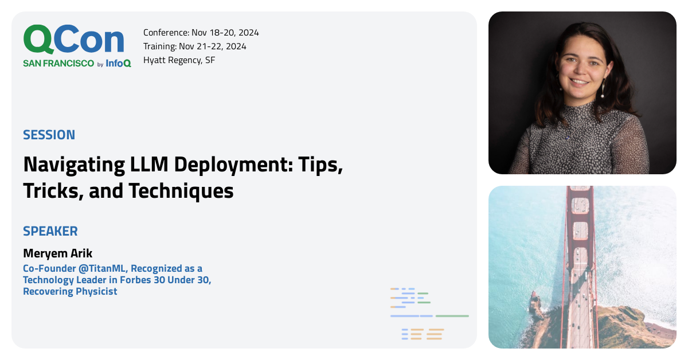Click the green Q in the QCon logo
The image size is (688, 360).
(37, 40)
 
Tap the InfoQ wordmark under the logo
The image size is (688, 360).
(118, 63)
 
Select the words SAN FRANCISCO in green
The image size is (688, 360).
(58, 63)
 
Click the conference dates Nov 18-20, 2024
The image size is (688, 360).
(225, 33)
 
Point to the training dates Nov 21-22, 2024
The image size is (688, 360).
(213, 46)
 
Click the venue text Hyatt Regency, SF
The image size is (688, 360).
(179, 60)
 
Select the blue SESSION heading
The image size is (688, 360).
(49, 135)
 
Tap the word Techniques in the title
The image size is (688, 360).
(181, 191)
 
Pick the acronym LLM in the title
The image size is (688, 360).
(149, 165)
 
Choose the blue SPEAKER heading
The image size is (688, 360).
(50, 231)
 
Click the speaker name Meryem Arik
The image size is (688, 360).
(58, 253)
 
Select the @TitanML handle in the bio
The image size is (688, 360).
(102, 268)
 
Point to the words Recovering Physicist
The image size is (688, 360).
(70, 291)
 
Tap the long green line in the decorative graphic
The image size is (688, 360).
(452, 316)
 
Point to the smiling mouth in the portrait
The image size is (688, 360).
(579, 82)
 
